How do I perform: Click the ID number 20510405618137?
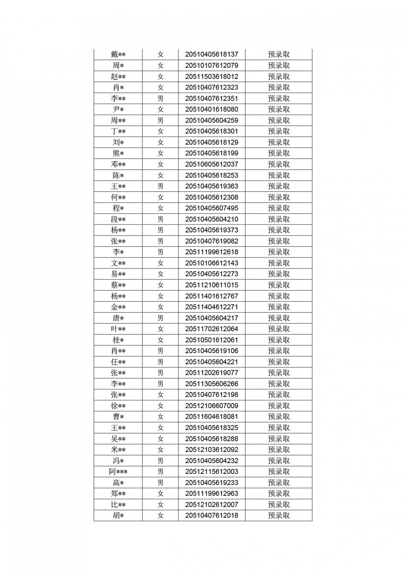coord(211,54)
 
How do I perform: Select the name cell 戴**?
coord(118,54)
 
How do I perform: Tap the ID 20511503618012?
coord(211,76)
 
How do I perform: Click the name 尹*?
coord(118,109)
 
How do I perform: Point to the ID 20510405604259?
coord(211,120)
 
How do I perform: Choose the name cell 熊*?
coord(118,153)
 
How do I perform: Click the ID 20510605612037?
coord(211,164)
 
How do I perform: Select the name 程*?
coord(118,208)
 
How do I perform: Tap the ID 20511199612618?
coord(211,252)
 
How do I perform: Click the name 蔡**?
coord(118,285)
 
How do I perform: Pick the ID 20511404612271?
coord(211,307)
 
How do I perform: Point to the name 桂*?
coord(118,340)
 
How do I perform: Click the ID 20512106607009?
coord(211,406)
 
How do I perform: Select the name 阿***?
coord(118,472)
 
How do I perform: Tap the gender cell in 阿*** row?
coord(160,472)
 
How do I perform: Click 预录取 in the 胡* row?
coord(279,515)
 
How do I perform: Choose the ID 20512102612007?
coord(211,504)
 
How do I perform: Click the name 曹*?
coord(118,417)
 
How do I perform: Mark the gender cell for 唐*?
coord(160,318)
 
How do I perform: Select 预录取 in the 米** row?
coord(279,450)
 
